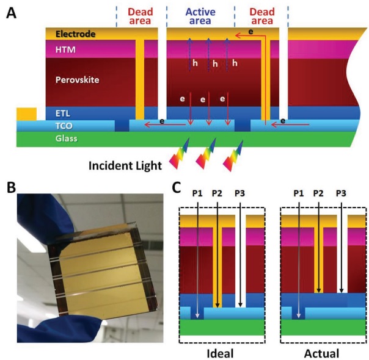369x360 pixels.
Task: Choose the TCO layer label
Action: pos(57,126)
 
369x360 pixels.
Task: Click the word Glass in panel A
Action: pos(62,139)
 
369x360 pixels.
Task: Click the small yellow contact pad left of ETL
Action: pos(26,113)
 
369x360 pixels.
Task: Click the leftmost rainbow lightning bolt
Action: pos(178,151)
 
